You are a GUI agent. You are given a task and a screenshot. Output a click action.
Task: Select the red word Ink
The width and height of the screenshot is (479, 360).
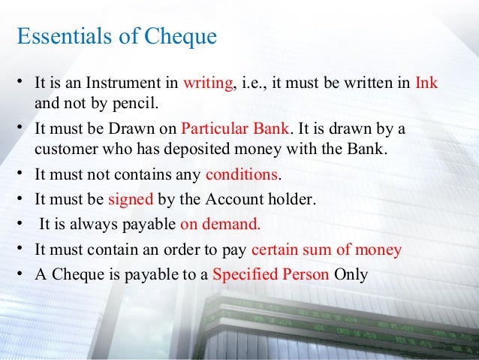click(426, 83)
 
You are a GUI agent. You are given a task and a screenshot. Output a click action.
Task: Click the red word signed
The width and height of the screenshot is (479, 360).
click(131, 200)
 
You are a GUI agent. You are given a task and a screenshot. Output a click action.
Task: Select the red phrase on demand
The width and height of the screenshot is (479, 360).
click(221, 225)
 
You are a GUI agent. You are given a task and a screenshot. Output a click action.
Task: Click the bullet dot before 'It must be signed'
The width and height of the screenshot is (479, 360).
click(22, 199)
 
